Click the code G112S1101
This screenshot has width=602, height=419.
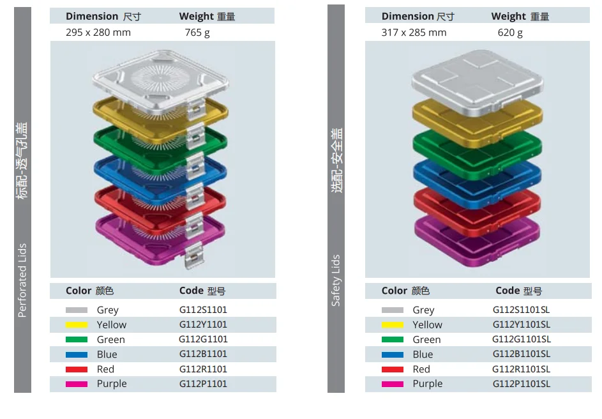(203, 310)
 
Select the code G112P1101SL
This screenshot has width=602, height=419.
(521, 384)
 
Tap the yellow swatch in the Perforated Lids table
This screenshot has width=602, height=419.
(77, 324)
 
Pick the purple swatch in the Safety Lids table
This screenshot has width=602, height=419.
(393, 384)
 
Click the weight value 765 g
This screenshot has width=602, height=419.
(197, 33)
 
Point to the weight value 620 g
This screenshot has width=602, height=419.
(510, 33)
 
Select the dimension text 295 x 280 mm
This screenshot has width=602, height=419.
(98, 33)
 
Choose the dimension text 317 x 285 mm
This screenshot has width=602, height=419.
(414, 33)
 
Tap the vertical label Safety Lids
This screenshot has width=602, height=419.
(336, 280)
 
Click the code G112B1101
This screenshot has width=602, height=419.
(203, 354)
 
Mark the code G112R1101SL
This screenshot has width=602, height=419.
(521, 369)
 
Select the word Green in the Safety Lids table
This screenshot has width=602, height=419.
(426, 340)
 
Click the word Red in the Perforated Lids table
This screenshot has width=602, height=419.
(105, 369)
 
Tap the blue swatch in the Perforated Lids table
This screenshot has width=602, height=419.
(77, 354)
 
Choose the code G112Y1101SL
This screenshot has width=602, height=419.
(521, 324)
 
